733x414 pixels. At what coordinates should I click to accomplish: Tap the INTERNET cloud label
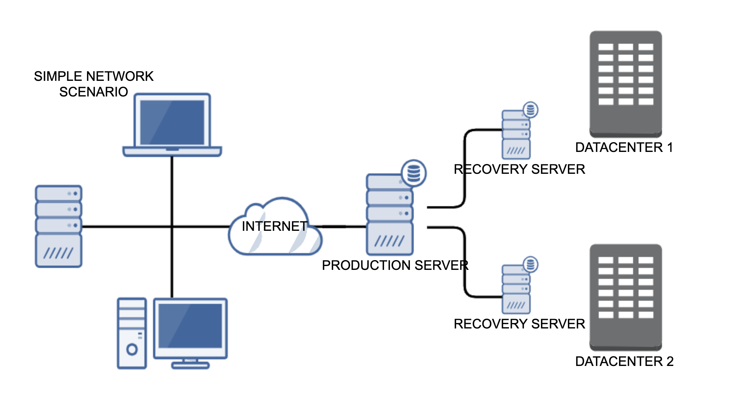pos(274,226)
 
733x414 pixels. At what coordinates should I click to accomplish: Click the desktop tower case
pos(132,333)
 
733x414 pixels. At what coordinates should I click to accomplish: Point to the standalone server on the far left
pos(59,226)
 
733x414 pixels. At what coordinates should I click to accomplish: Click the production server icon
pos(390,215)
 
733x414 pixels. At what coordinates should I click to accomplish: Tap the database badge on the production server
pos(414,173)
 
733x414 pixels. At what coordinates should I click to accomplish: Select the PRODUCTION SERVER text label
pos(395,265)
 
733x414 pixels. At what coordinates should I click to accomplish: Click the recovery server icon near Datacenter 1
pos(516,135)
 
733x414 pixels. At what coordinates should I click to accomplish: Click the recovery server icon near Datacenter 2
pos(516,289)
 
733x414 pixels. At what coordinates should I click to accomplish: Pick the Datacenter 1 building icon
pos(626,84)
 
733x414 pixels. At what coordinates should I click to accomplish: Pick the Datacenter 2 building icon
pos(626,297)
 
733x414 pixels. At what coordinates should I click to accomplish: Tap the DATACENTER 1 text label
pos(624,147)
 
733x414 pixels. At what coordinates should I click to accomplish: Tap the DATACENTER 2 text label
pos(624,361)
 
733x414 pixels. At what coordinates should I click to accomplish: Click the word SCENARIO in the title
pos(94,92)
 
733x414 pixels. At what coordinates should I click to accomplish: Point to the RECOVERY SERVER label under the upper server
pos(519,169)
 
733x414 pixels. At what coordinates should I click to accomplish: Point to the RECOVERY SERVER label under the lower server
pos(519,324)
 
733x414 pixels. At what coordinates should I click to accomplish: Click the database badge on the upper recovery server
pos(530,110)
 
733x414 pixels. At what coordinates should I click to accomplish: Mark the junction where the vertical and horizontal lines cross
pos(172,226)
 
